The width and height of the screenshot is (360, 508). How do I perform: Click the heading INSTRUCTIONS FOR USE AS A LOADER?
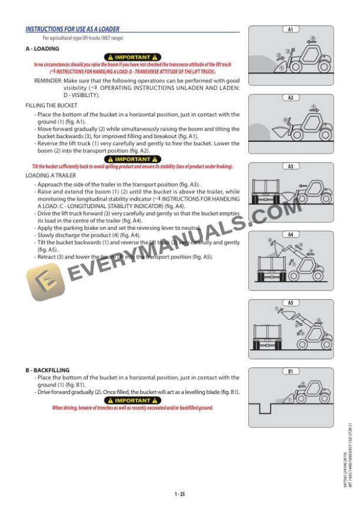72,29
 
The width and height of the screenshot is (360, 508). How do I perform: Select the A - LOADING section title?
42,48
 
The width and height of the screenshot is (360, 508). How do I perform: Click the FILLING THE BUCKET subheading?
51,105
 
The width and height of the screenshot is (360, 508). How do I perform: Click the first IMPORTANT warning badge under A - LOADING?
132,56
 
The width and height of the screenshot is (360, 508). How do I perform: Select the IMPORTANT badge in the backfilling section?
132,400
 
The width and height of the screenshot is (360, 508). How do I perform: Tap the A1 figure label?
291,29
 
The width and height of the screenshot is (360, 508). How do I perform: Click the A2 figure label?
291,98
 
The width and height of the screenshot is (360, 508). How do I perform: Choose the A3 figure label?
291,166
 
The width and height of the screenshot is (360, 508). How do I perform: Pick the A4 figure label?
291,235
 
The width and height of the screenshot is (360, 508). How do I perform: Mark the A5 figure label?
291,303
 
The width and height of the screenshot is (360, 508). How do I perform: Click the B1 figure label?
291,372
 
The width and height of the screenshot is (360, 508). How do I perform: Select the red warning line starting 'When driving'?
132,407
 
